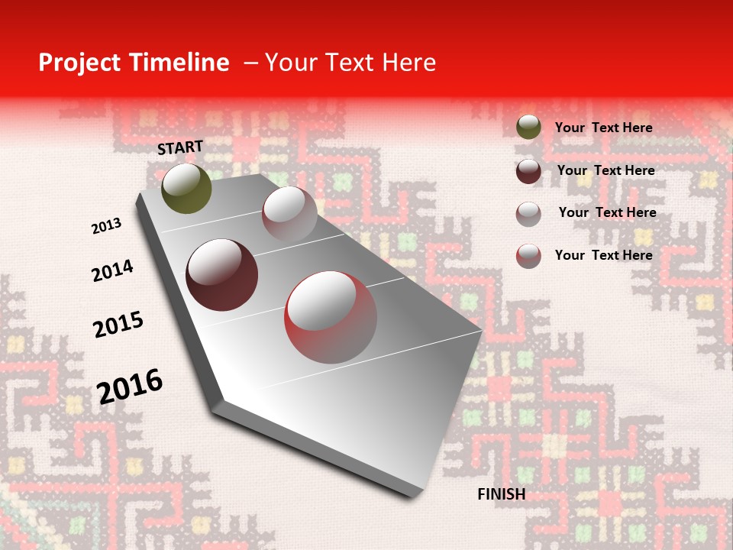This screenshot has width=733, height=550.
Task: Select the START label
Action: [x=180, y=147]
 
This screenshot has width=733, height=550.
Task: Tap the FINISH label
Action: [x=502, y=494]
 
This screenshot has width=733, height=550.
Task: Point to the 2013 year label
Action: [x=106, y=226]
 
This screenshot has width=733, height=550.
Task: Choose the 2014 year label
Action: [x=112, y=270]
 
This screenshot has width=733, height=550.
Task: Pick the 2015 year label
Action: [x=118, y=325]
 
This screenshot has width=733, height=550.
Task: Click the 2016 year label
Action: [x=130, y=386]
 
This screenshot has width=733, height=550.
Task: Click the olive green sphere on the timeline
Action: [x=187, y=188]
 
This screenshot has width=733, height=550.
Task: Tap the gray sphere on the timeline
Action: [x=289, y=213]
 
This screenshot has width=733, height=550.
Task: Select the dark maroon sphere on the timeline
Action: [x=222, y=275]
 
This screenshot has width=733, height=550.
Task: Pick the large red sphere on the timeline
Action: [x=331, y=317]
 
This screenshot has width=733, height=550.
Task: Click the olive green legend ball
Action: [x=528, y=128]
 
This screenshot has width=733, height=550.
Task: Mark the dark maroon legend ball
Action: [x=528, y=171]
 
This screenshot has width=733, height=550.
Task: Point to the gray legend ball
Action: [x=528, y=213]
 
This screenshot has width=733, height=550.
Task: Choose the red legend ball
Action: [x=528, y=256]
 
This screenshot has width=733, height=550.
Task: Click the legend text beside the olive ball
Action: [x=604, y=128]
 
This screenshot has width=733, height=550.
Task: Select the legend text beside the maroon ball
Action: [x=606, y=170]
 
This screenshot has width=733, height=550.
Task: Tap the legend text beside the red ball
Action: [x=604, y=255]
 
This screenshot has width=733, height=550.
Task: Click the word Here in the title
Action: [x=408, y=63]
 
